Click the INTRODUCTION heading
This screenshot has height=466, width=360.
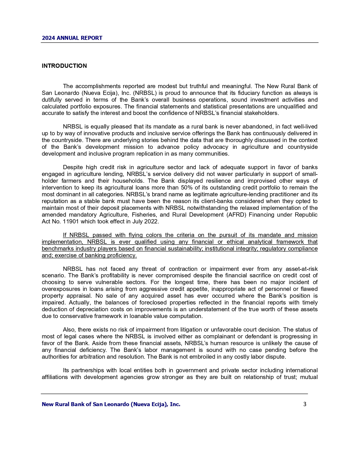click(64, 66)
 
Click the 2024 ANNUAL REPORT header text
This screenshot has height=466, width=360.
click(72, 38)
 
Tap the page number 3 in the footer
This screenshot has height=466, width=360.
click(305, 404)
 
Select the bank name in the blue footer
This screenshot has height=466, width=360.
click(111, 404)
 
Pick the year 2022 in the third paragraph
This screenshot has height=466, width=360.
click(152, 222)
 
